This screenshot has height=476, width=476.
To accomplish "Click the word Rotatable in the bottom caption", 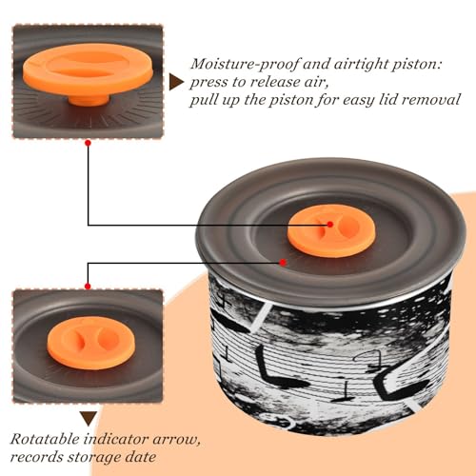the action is click(x=45, y=439).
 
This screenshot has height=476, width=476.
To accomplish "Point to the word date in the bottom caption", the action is click(x=141, y=457).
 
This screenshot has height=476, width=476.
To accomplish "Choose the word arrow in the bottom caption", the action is click(x=176, y=440).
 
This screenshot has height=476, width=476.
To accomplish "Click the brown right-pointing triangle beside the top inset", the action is click(x=176, y=82).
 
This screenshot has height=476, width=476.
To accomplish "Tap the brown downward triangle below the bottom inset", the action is click(x=89, y=419).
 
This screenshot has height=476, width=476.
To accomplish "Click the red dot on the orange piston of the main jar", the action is click(x=330, y=225).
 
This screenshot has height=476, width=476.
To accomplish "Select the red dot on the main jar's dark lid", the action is click(x=283, y=263).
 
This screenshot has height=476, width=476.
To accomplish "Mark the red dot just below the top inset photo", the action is click(x=89, y=143).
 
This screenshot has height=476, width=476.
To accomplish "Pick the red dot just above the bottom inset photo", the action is click(x=88, y=287).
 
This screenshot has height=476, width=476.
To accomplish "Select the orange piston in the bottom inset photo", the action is click(x=91, y=343).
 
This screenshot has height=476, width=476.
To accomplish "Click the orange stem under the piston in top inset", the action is click(x=89, y=100).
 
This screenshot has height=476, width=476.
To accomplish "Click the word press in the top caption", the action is click(x=209, y=83).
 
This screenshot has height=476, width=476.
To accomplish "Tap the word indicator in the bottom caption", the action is click(x=116, y=439).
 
